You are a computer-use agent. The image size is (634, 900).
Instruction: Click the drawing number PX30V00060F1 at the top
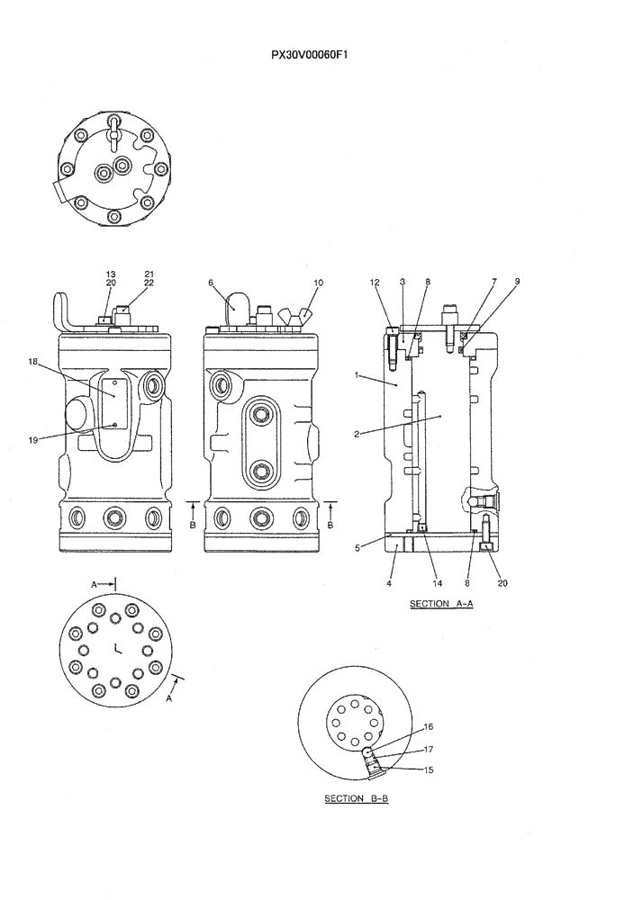[310, 55]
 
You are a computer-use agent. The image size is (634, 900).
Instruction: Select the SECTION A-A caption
[441, 604]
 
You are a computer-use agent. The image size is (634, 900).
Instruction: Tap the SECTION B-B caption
[356, 798]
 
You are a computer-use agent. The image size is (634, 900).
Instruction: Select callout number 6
[211, 282]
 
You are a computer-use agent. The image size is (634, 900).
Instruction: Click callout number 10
[317, 282]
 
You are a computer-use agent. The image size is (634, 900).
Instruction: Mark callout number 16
[429, 725]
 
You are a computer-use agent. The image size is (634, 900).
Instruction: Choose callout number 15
[429, 769]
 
